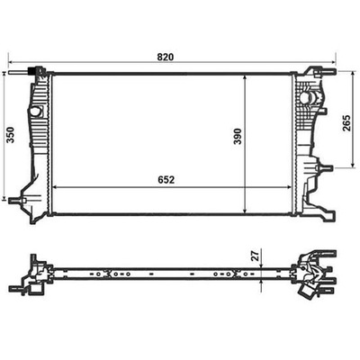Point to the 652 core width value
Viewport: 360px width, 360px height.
pyautogui.click(x=168, y=179)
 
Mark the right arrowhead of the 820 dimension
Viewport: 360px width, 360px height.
pyautogui.click(x=334, y=65)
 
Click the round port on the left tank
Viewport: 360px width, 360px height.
pyautogui.click(x=35, y=112)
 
